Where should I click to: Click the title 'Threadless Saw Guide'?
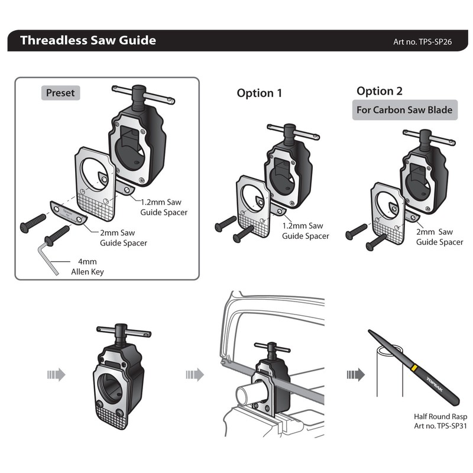88,41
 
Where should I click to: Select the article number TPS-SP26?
422,42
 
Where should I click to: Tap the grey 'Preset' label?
60,93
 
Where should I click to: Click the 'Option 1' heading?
260,93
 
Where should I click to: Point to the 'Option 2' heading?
379,91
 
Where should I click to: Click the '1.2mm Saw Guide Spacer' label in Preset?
164,207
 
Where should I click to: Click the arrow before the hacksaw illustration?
195,375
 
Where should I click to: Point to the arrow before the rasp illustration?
355,375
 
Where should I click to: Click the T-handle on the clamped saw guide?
272,346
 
